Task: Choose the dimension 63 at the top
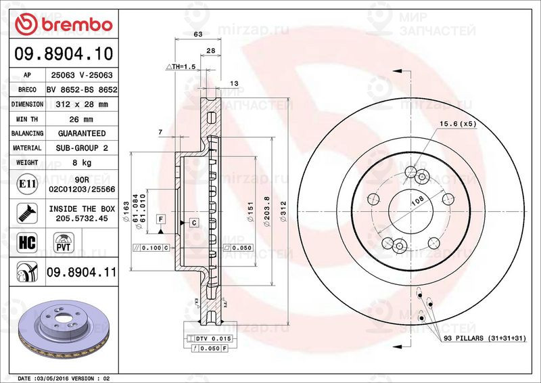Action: pyautogui.click(x=198, y=33)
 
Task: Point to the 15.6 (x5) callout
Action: pyautogui.click(x=458, y=124)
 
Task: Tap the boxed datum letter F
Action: pyautogui.click(x=161, y=219)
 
